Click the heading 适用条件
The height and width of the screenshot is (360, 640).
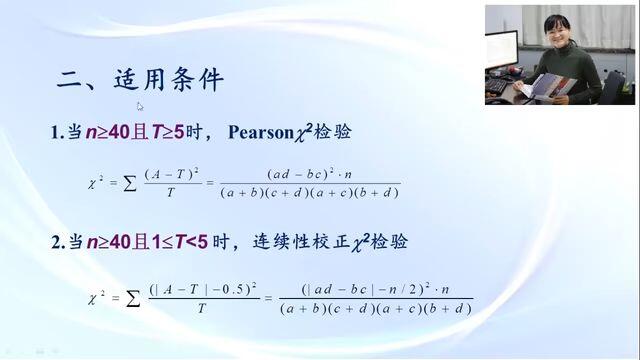point(169,80)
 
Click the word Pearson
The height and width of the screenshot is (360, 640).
point(261,132)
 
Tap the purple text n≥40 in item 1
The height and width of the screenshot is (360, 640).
point(108,132)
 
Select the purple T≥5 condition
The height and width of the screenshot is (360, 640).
point(168,132)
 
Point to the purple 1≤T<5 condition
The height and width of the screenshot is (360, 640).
point(180,242)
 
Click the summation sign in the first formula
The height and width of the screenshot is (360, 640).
point(130,184)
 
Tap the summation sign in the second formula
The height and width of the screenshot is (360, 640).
point(133,299)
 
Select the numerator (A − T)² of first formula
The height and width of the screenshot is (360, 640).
point(171,174)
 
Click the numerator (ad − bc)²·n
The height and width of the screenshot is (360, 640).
point(309,174)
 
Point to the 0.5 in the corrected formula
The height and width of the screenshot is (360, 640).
point(231,289)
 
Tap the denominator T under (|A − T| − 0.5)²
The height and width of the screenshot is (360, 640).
point(202,309)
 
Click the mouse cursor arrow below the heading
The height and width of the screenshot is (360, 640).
point(140,107)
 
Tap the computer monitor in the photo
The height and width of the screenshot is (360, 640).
point(502,49)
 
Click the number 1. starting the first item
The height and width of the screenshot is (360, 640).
point(57,133)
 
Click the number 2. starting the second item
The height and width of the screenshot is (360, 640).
point(58,242)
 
